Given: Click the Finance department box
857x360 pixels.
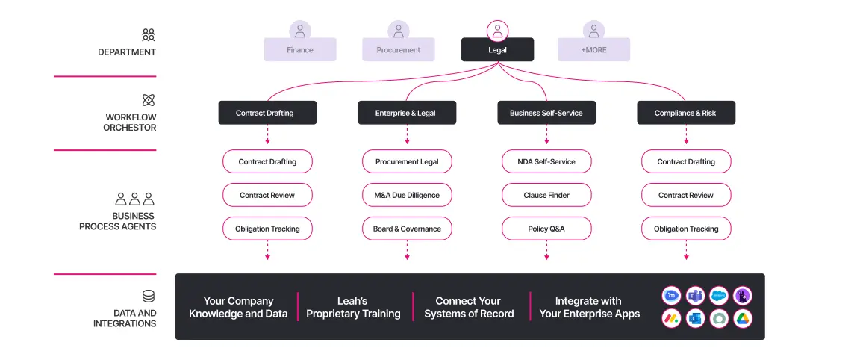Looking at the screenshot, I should (x=299, y=50).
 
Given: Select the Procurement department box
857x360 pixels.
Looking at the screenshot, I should (x=398, y=50).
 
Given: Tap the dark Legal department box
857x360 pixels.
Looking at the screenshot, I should (x=497, y=50).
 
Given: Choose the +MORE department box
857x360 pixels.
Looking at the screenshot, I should (x=593, y=50).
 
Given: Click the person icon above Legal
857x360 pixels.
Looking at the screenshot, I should (x=497, y=31).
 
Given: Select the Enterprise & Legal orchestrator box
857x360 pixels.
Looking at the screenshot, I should (x=406, y=113).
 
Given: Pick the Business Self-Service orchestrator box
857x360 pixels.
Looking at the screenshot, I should (x=546, y=113).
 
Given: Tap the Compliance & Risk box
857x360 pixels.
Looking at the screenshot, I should (x=685, y=113).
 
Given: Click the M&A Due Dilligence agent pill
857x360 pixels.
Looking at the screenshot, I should (x=407, y=195).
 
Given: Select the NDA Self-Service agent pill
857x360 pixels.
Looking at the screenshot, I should (x=546, y=161).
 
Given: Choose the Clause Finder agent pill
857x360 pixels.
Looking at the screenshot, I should (x=546, y=195).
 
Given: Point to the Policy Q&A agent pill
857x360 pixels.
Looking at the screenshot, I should (x=546, y=229).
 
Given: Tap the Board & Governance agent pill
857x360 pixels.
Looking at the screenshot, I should (x=407, y=229).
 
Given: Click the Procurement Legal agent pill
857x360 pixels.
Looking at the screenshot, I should (x=407, y=161).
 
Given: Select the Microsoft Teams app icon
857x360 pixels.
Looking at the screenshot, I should (x=695, y=295).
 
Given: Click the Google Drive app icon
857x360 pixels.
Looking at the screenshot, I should (x=742, y=318).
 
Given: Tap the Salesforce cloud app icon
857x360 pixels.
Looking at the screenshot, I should (x=719, y=295).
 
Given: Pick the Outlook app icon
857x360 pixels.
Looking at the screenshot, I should (x=695, y=318).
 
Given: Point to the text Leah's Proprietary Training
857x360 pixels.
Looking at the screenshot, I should (x=353, y=307).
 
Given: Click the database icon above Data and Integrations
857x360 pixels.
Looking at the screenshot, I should (x=149, y=297).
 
